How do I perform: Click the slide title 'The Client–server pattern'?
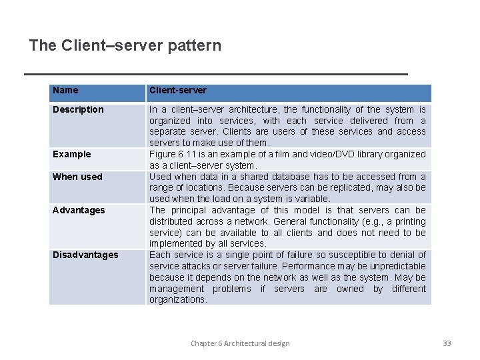coord(125,45)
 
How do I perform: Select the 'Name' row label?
coord(65,90)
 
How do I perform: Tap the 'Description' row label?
coord(78,109)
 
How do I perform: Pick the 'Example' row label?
coord(71,154)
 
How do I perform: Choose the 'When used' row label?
coord(77,177)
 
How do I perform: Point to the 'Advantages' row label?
coord(79,210)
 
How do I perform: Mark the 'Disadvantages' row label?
coord(85,255)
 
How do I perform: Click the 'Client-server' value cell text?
coord(178,90)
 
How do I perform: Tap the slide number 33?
coord(447,343)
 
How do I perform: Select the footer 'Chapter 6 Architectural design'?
coord(240,343)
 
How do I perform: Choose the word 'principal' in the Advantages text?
coord(188,210)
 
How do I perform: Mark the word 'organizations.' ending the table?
coord(178,299)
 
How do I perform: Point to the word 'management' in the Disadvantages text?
coord(176,289)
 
